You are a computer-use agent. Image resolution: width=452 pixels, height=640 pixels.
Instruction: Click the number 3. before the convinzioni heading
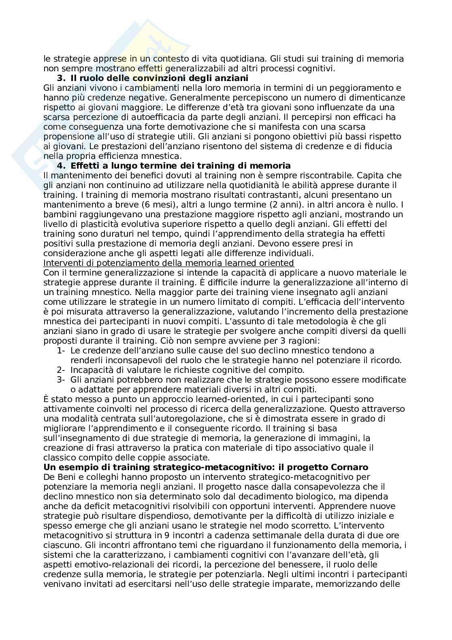coord(61,78)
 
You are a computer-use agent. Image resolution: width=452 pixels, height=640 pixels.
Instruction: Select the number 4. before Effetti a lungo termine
coord(61,166)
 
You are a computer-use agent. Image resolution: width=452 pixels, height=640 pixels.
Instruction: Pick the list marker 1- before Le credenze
coord(61,351)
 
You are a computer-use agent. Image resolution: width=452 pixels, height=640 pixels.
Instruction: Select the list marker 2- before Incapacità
coord(61,370)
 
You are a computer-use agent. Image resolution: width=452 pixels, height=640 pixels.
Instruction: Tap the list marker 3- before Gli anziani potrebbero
coord(61,380)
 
